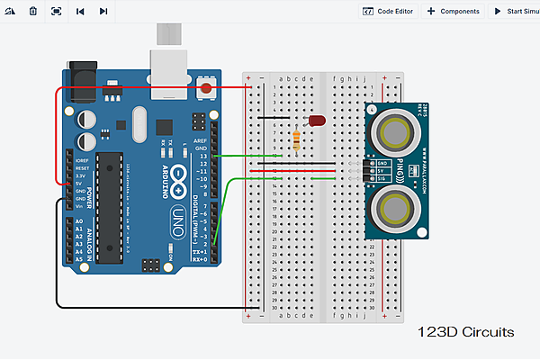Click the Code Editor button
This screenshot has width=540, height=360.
click(x=388, y=11)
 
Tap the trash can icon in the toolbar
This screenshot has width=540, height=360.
click(x=33, y=11)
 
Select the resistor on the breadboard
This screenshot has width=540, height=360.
click(x=298, y=139)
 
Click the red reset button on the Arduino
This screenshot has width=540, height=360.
click(x=208, y=88)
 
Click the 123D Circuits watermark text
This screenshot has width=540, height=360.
click(x=465, y=332)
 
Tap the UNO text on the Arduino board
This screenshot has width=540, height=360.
click(x=177, y=222)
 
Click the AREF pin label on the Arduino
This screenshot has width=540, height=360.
click(x=201, y=142)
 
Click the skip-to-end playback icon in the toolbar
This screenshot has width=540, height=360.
click(x=103, y=11)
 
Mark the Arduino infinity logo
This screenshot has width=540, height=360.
click(x=178, y=177)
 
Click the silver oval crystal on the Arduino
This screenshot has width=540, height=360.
click(x=138, y=122)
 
